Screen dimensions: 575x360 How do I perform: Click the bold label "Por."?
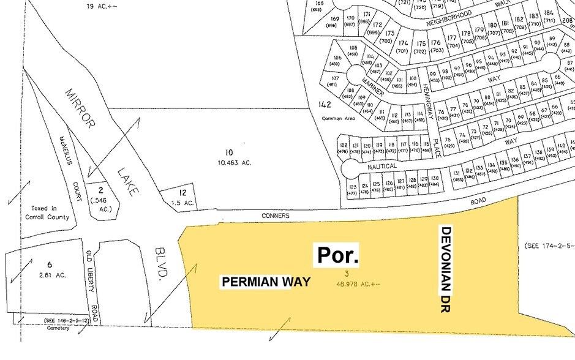(336, 256)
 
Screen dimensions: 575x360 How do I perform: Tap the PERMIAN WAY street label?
(266, 282)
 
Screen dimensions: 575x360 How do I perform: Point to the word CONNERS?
(275, 216)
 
